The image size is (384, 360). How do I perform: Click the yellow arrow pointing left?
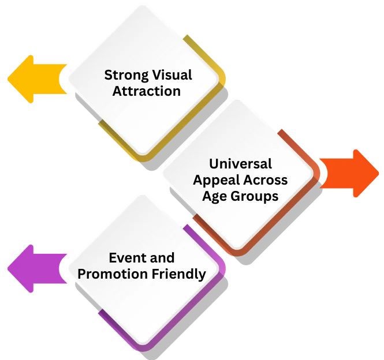point(35,79)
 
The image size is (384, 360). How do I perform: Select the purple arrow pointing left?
point(35,269)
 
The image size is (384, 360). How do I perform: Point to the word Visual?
point(172,76)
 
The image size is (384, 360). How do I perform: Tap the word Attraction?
point(146,91)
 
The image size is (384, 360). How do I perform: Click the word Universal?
point(240,164)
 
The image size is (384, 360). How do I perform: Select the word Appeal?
point(214,180)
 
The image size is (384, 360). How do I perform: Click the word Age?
point(215,196)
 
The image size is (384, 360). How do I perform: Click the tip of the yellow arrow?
point(8,79)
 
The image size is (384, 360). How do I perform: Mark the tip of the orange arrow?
point(379,173)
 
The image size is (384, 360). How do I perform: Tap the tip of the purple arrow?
point(8,269)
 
